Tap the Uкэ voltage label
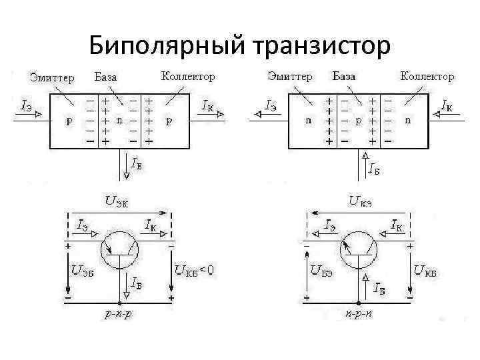pyautogui.click(x=360, y=200)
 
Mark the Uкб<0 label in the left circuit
pyautogui.click(x=194, y=270)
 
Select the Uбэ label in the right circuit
pyautogui.click(x=322, y=271)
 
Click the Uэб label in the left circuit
pyautogui.click(x=83, y=271)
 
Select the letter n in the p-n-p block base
pyautogui.click(x=119, y=122)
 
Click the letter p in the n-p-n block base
pyautogui.click(x=359, y=122)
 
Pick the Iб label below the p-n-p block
pyautogui.click(x=136, y=163)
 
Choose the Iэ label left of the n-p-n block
pyautogui.click(x=271, y=105)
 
